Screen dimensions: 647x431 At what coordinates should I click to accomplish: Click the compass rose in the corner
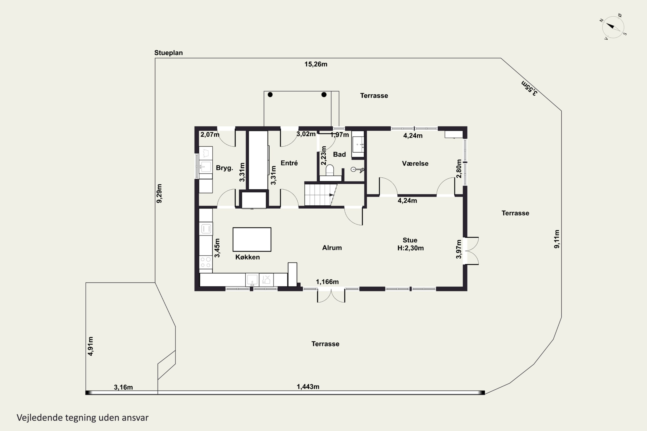(613, 27)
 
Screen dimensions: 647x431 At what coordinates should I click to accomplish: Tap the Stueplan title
(168, 53)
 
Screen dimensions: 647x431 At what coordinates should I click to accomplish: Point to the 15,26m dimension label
(316, 64)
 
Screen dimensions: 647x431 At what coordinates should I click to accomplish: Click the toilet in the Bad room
(330, 170)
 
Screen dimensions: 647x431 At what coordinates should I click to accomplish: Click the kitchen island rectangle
(252, 239)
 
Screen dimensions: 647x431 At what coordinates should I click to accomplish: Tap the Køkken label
(248, 257)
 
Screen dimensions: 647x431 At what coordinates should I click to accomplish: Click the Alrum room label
(332, 248)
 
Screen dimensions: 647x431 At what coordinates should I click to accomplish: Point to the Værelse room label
(415, 164)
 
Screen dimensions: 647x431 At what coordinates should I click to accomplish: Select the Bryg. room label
(225, 168)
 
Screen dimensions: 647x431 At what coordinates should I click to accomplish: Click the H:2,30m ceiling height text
(410, 248)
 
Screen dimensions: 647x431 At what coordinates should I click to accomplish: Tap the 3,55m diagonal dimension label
(529, 88)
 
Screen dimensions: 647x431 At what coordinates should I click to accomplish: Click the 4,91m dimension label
(90, 346)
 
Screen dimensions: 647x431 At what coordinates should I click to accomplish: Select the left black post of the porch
(270, 95)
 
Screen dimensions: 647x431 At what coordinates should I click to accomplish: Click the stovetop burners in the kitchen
(206, 262)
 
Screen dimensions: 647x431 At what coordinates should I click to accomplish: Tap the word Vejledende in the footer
(40, 418)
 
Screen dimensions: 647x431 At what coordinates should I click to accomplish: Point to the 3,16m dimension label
(123, 387)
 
